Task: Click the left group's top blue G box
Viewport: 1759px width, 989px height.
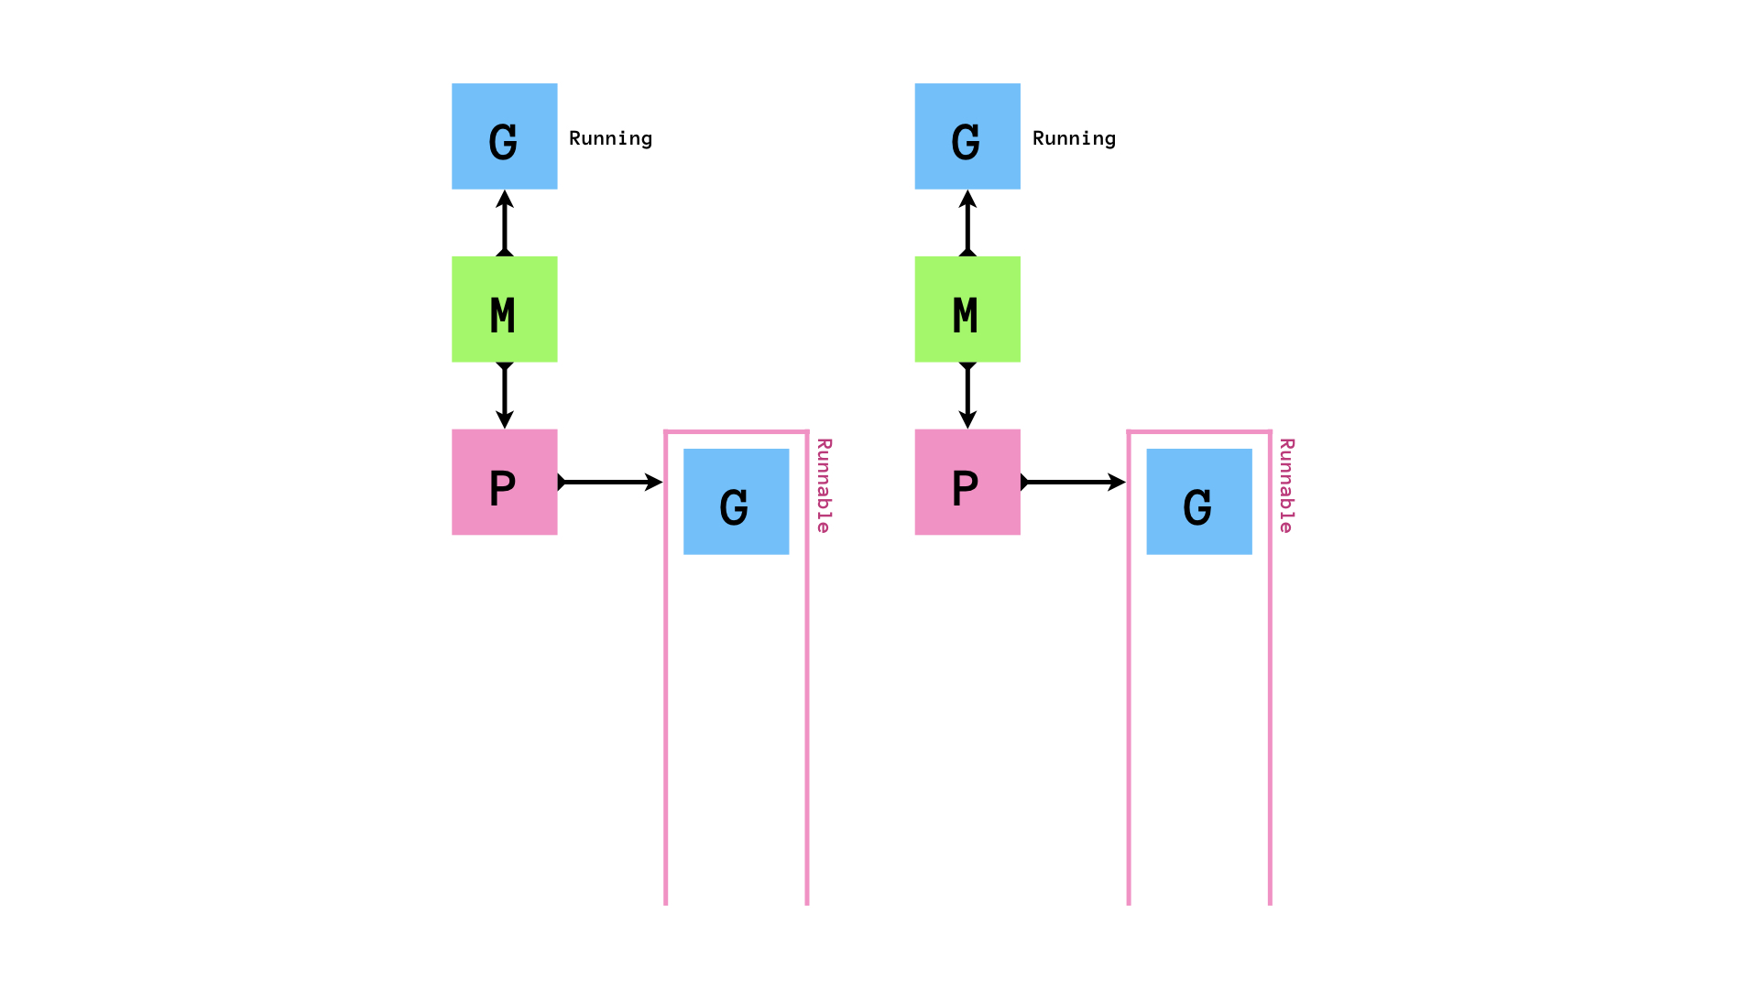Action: [x=504, y=136]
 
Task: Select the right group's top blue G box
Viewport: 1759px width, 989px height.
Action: [x=967, y=136]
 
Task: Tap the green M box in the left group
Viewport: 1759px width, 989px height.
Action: [x=504, y=309]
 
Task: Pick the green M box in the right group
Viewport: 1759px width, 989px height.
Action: [x=967, y=309]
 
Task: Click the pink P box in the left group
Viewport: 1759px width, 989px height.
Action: [x=504, y=482]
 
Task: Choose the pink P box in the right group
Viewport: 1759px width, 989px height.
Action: [x=967, y=482]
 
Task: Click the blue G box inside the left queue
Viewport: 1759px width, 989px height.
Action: [x=736, y=501]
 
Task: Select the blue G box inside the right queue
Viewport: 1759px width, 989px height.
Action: [x=1199, y=501]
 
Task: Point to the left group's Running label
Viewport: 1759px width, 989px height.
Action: [x=610, y=138]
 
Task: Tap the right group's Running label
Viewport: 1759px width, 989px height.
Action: [x=1074, y=138]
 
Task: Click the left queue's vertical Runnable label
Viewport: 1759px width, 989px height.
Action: [x=824, y=485]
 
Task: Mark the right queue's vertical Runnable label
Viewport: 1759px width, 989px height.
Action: [x=1286, y=485]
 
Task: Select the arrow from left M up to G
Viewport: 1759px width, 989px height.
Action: [x=504, y=223]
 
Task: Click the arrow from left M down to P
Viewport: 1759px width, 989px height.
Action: [x=504, y=396]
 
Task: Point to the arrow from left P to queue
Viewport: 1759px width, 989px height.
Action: [x=609, y=482]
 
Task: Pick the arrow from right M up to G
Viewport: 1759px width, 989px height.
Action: [x=967, y=223]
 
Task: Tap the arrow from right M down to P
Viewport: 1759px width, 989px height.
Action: [x=967, y=396]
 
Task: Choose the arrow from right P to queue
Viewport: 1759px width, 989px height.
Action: [x=1073, y=482]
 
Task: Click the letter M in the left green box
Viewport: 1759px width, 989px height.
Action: [x=502, y=316]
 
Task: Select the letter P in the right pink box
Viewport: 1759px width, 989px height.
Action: [x=965, y=488]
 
